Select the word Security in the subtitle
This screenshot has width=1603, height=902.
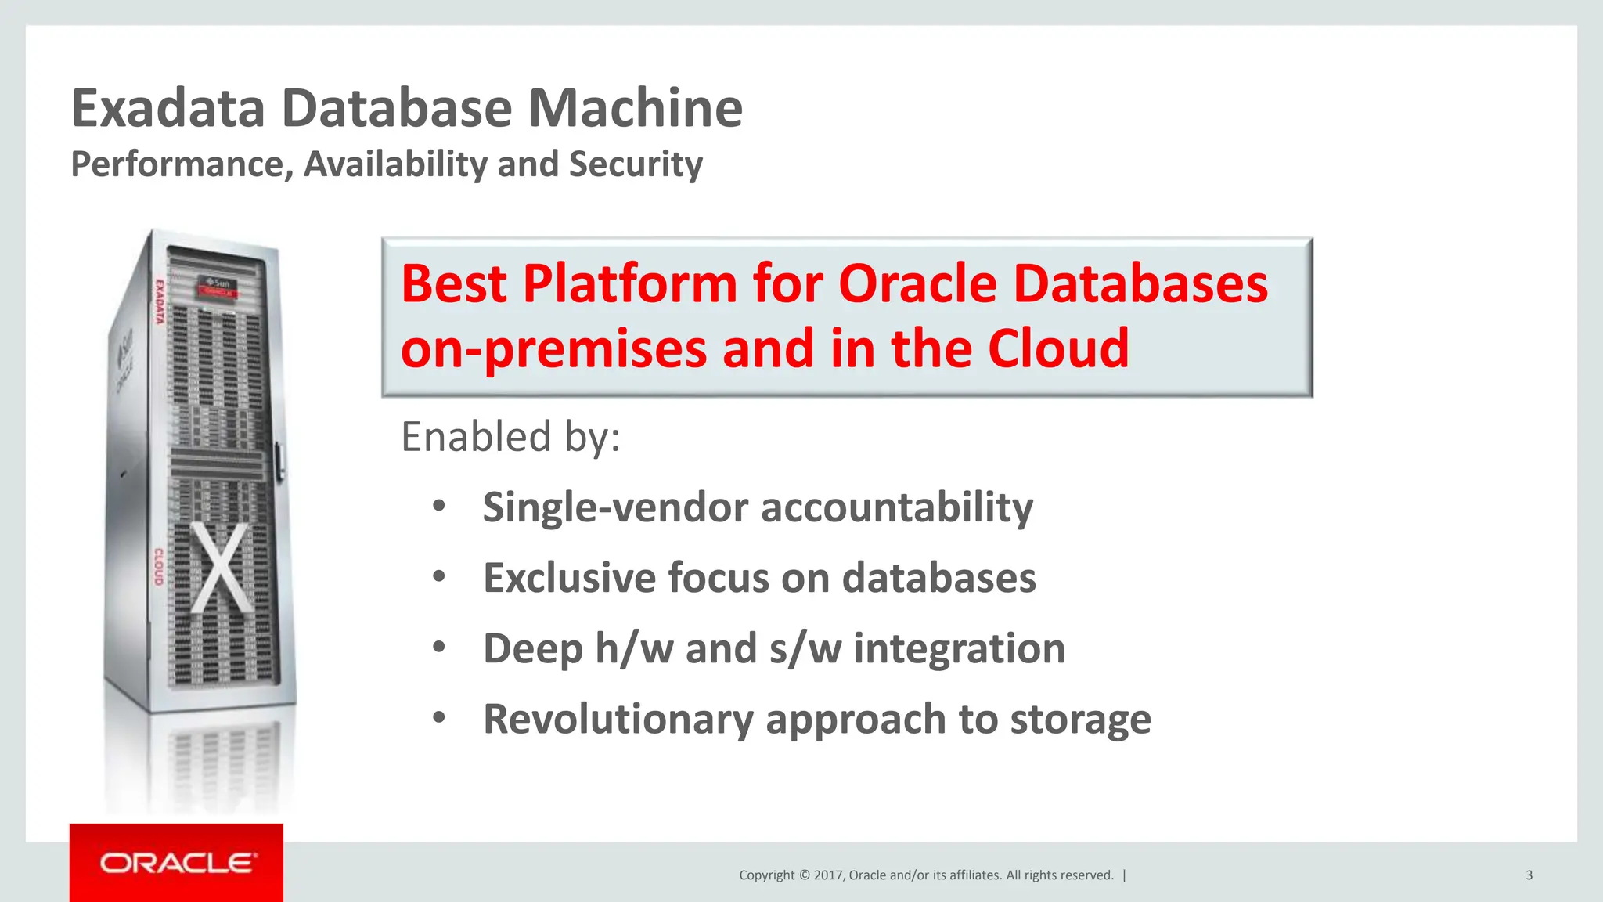[x=636, y=164]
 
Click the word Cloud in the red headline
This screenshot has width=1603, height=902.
[x=1058, y=348]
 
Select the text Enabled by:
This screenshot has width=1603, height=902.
[x=510, y=437]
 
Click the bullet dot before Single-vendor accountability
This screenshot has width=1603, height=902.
[x=439, y=507]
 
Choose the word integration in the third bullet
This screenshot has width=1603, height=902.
[x=959, y=649]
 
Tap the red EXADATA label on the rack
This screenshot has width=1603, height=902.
[x=159, y=301]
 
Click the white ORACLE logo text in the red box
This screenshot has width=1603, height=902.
[x=178, y=863]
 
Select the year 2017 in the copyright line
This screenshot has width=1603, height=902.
[x=828, y=875]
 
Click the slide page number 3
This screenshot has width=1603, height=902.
[x=1529, y=875]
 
